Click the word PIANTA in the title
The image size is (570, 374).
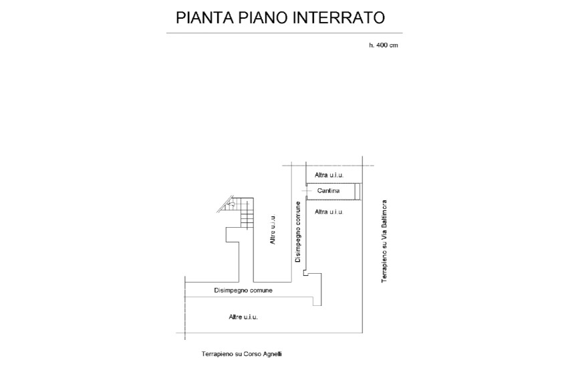tap(204, 17)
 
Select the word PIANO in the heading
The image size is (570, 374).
tap(263, 17)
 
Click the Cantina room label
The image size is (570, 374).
tap(328, 190)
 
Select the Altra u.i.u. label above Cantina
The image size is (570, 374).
tap(329, 175)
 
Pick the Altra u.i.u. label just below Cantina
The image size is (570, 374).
tap(329, 212)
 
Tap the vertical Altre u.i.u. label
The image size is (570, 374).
tap(273, 230)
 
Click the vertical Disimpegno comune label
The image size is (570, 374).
tap(298, 232)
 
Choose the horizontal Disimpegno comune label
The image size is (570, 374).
tap(243, 291)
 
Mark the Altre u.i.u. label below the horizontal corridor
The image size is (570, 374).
tap(243, 317)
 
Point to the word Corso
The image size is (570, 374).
tap(253, 354)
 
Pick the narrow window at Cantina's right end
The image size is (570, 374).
tap(358, 192)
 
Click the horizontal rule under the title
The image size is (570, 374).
tap(285, 33)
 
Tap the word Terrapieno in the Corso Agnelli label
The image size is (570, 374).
tap(217, 354)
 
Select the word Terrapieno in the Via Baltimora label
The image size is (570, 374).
tap(384, 264)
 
